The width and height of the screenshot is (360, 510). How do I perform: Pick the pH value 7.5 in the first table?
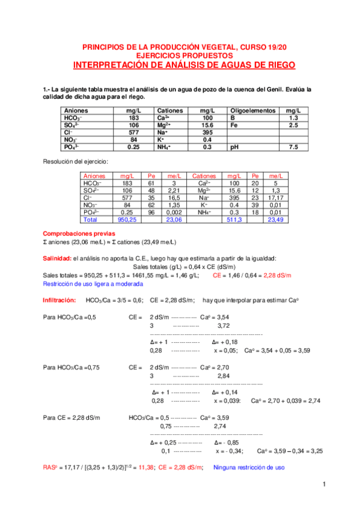pos(293,147)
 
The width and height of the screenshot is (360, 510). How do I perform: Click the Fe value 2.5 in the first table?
pos(293,125)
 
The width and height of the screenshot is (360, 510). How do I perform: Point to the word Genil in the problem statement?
pos(292,90)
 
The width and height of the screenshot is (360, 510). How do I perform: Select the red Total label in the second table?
pos(90,220)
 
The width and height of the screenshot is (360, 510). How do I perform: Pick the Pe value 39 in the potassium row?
pos(255,204)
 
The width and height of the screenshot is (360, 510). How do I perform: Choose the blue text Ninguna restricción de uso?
pos(249,467)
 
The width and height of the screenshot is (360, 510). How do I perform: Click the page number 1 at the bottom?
pos(323,485)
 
